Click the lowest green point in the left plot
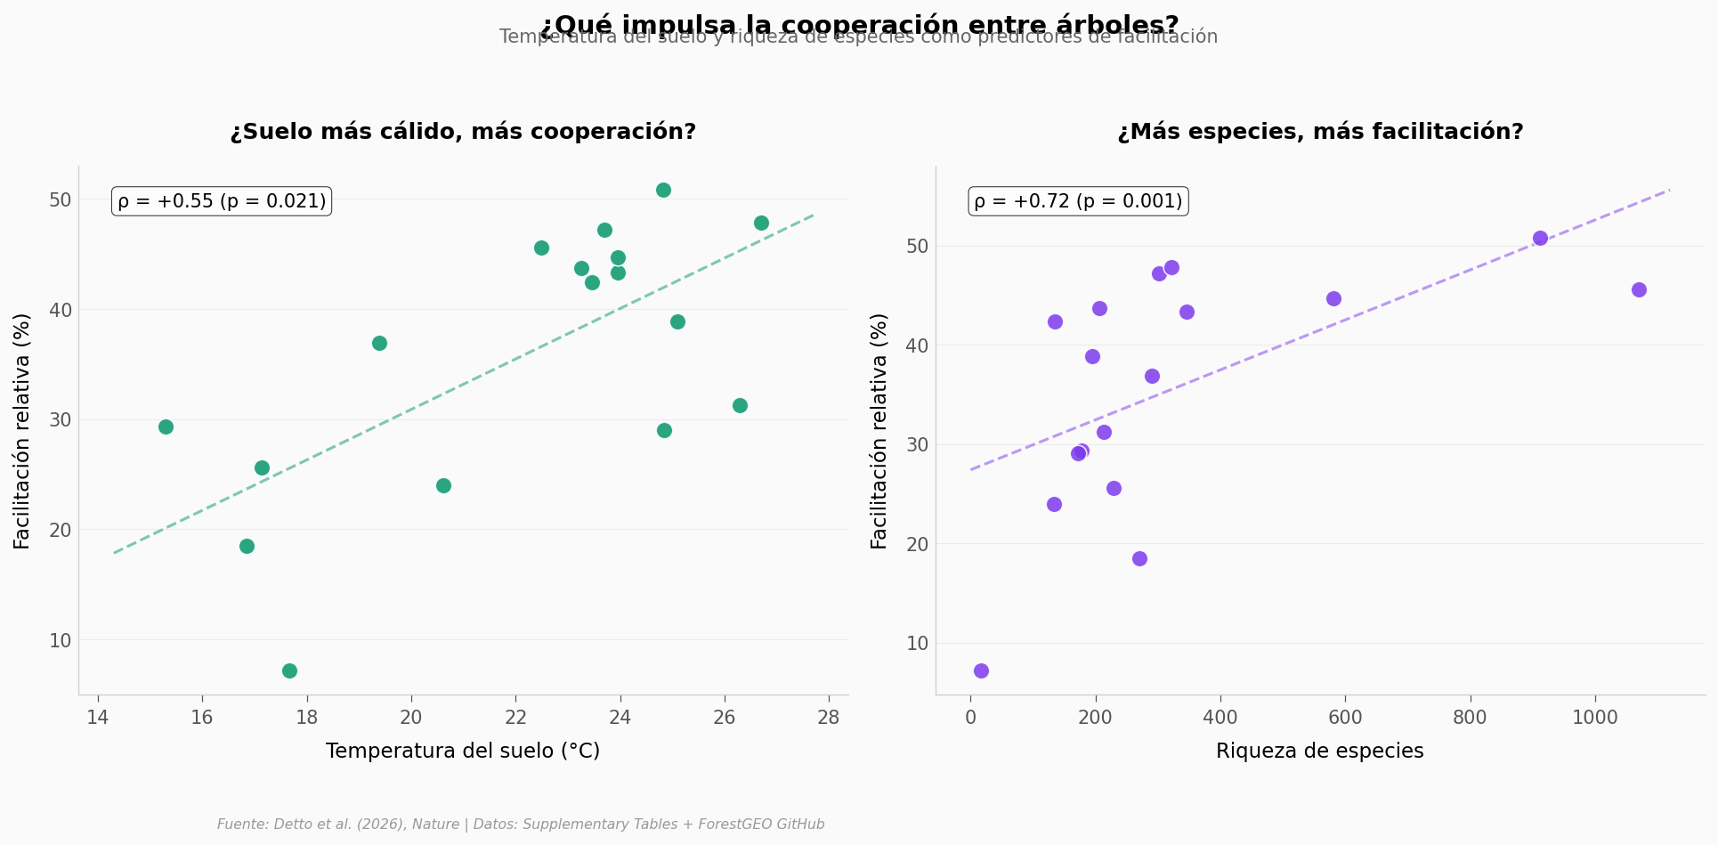tap(289, 670)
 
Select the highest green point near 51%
tap(663, 190)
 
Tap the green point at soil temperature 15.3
tap(166, 427)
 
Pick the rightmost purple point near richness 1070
tap(1639, 289)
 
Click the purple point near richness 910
tap(1540, 238)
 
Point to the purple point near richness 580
tap(1333, 298)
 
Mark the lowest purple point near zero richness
tap(981, 670)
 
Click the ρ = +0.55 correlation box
tap(222, 201)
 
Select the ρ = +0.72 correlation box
tap(1078, 201)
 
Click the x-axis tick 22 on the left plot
tap(515, 718)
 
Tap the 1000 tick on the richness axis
tap(1595, 718)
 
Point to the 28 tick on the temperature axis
tap(829, 718)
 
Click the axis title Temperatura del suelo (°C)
tap(463, 751)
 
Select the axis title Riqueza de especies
tap(1319, 751)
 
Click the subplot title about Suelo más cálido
tap(463, 132)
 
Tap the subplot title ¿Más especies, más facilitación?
tap(1320, 132)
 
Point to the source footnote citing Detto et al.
tap(521, 825)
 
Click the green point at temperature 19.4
tap(379, 343)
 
